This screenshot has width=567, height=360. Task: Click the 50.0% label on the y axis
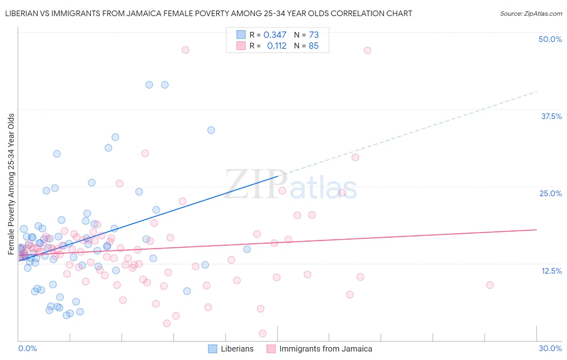point(550,39)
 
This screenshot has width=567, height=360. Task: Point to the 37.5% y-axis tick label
point(551,116)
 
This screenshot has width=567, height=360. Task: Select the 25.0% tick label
point(550,193)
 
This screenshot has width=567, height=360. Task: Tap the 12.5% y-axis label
point(551,271)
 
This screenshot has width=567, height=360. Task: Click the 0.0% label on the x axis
point(27,348)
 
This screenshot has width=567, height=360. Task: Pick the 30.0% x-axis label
point(550,348)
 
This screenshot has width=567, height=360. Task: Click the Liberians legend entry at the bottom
point(237,349)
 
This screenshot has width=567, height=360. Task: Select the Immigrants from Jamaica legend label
point(325,349)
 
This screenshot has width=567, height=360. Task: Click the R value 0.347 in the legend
point(275,35)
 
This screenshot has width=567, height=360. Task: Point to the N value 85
point(314,46)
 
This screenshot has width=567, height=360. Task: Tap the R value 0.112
point(277,46)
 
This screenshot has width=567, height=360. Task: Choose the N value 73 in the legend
point(314,35)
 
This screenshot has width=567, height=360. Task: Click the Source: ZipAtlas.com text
point(531,13)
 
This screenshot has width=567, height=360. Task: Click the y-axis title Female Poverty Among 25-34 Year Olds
point(11,184)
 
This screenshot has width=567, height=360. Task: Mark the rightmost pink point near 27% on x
point(490,285)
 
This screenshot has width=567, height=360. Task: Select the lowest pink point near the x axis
point(263,333)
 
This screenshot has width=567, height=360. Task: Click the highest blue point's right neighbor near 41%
point(165,85)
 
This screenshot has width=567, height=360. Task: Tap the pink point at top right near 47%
point(367,50)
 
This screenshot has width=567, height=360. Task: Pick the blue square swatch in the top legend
point(241,35)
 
